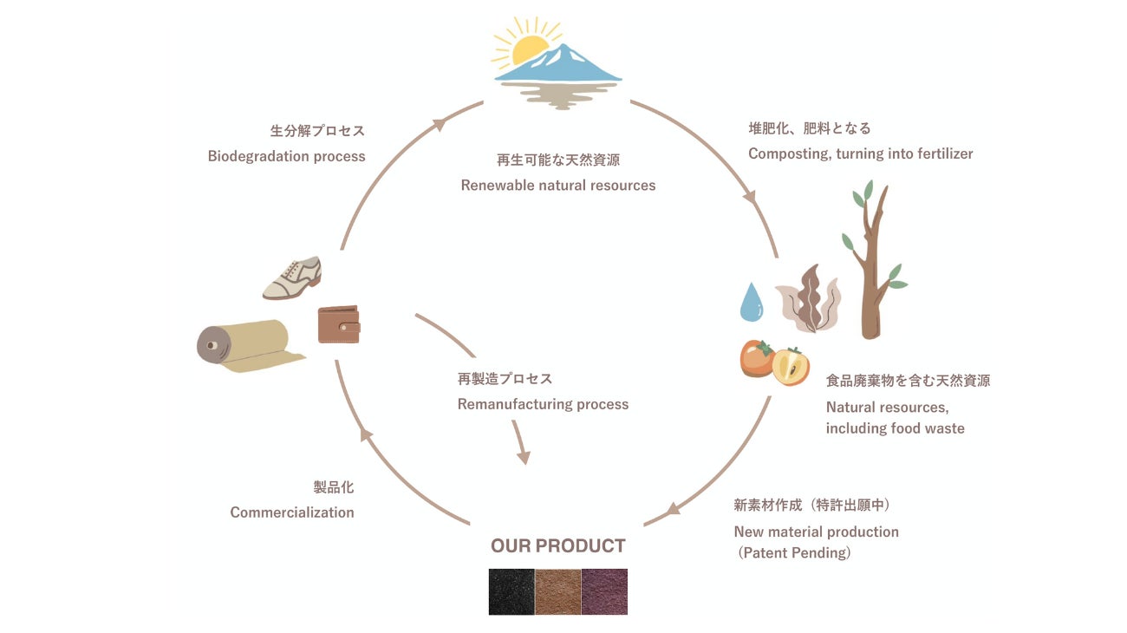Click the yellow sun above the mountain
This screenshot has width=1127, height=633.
coord(528,50)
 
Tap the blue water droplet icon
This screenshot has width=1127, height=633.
coord(751,302)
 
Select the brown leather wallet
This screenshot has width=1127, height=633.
coord(338,324)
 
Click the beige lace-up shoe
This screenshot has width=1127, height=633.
coord(292,278)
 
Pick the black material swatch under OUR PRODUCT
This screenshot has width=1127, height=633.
coord(511,591)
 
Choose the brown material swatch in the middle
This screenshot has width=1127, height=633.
coord(557,591)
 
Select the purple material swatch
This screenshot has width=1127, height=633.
coord(604,591)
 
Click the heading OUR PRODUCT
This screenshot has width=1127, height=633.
coord(557,546)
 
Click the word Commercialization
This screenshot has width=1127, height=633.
coord(292,512)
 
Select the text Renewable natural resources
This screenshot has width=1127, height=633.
coord(557,185)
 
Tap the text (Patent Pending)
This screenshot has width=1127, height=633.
coord(793,552)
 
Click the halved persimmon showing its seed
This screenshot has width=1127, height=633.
coord(790,365)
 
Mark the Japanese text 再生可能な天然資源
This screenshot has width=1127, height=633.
coord(557,160)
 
